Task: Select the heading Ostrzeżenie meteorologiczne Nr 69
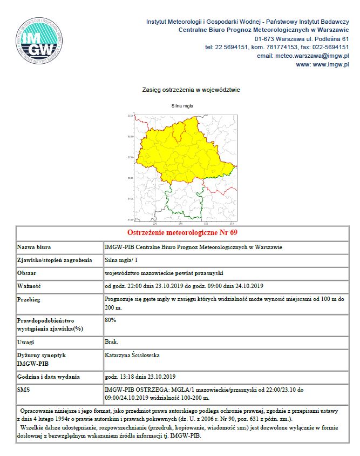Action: click(x=182, y=233)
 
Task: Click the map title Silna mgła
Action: click(x=182, y=106)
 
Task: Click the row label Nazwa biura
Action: click(x=34, y=247)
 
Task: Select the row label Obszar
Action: click(x=28, y=273)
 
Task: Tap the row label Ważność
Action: click(x=29, y=286)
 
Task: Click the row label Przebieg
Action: click(x=30, y=299)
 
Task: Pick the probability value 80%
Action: click(x=111, y=320)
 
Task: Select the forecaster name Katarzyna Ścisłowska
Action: click(x=132, y=356)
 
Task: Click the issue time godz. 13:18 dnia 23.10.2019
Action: click(x=140, y=377)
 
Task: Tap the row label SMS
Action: click(x=24, y=390)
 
